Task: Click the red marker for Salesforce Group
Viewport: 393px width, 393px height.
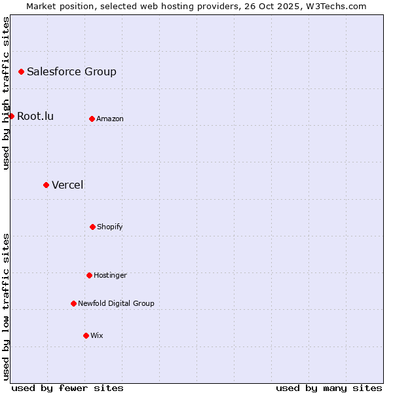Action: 21,71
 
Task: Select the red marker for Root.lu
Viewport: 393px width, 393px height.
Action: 11,116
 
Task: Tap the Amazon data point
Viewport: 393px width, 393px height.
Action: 92,119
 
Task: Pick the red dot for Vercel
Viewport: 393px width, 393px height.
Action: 46,185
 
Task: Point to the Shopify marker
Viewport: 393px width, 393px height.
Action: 92,227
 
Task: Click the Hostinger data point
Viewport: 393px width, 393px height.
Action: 89,275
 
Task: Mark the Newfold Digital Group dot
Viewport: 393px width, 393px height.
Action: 73,303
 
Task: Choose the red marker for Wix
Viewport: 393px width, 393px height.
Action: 86,335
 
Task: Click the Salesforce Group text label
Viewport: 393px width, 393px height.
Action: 71,72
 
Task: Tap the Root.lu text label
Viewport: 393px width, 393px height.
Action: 35,117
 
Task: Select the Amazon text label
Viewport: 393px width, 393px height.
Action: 110,119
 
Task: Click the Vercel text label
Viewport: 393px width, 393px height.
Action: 67,185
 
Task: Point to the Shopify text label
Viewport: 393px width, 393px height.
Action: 110,227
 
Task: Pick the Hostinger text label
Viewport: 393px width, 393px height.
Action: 110,276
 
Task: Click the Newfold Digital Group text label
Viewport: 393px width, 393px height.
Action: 116,304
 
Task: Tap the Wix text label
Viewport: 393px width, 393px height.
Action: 97,336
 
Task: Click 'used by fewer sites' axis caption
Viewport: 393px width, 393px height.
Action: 67,388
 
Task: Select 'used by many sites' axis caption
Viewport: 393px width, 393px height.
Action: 329,388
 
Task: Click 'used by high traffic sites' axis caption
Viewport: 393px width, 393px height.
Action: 6,93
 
